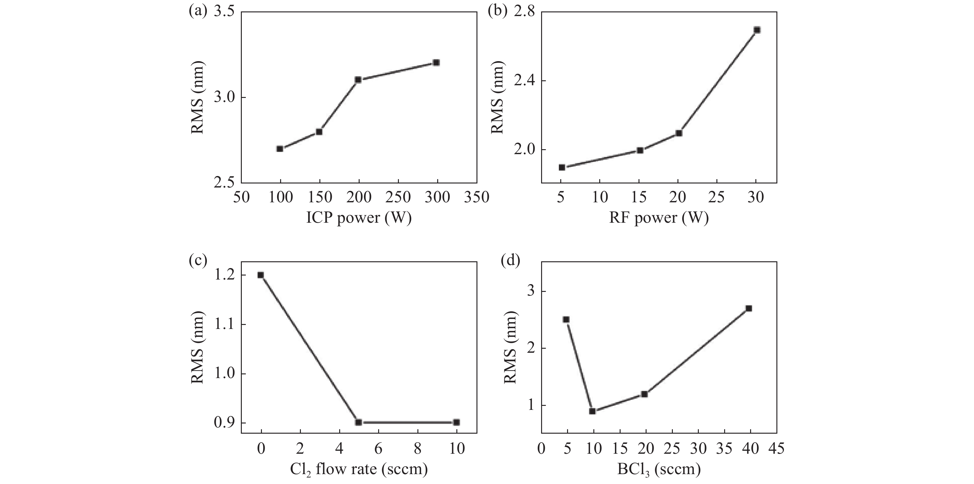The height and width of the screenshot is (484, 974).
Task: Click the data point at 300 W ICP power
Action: (436, 62)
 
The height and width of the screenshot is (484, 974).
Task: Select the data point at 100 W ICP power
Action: (280, 149)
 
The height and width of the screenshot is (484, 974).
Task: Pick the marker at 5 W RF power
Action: (562, 167)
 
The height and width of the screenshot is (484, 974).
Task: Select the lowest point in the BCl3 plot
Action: (592, 411)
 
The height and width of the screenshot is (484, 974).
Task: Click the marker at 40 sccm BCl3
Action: (749, 308)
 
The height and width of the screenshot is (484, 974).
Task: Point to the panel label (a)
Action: (198, 11)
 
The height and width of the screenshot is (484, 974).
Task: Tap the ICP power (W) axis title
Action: (358, 218)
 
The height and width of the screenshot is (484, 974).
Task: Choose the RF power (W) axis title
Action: (659, 218)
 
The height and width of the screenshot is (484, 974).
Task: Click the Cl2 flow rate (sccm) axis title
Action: (358, 469)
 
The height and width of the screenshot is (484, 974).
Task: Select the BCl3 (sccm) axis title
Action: (659, 469)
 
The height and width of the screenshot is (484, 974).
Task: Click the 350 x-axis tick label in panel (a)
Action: (477, 197)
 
